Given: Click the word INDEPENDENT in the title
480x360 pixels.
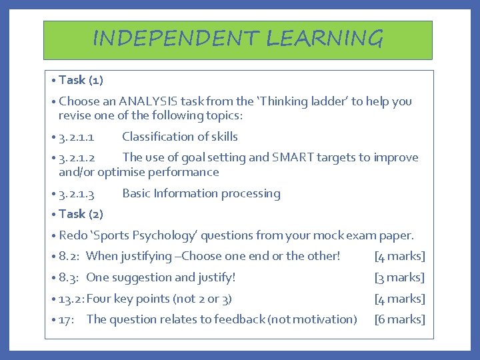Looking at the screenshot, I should [175, 39].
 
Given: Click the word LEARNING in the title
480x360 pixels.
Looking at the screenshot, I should [325, 39].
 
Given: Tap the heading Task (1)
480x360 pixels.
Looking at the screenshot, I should [81, 80].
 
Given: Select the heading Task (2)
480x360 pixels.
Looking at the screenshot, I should [81, 214].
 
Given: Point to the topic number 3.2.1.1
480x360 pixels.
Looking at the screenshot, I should [76, 137].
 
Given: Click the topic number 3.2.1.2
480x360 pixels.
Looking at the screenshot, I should [76, 158].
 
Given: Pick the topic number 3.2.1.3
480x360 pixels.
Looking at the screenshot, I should [76, 194].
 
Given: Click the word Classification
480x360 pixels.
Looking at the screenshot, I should [155, 137].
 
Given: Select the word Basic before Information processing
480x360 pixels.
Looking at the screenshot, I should [136, 194].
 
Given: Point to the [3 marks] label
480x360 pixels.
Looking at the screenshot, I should [399, 277].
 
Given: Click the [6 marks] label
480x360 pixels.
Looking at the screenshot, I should [399, 319].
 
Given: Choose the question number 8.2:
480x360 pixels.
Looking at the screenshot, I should [70, 256].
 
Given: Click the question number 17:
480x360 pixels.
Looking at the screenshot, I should [68, 319].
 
